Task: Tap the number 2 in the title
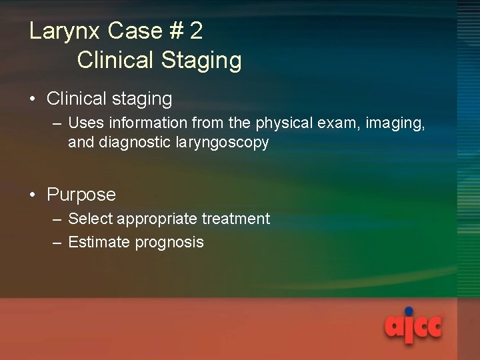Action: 196,31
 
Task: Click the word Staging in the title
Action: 201,61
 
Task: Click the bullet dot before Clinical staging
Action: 33,99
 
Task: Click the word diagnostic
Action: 129,143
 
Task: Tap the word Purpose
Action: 81,195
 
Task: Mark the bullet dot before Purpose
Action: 33,195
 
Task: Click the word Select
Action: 91,219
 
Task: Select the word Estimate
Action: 99,242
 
